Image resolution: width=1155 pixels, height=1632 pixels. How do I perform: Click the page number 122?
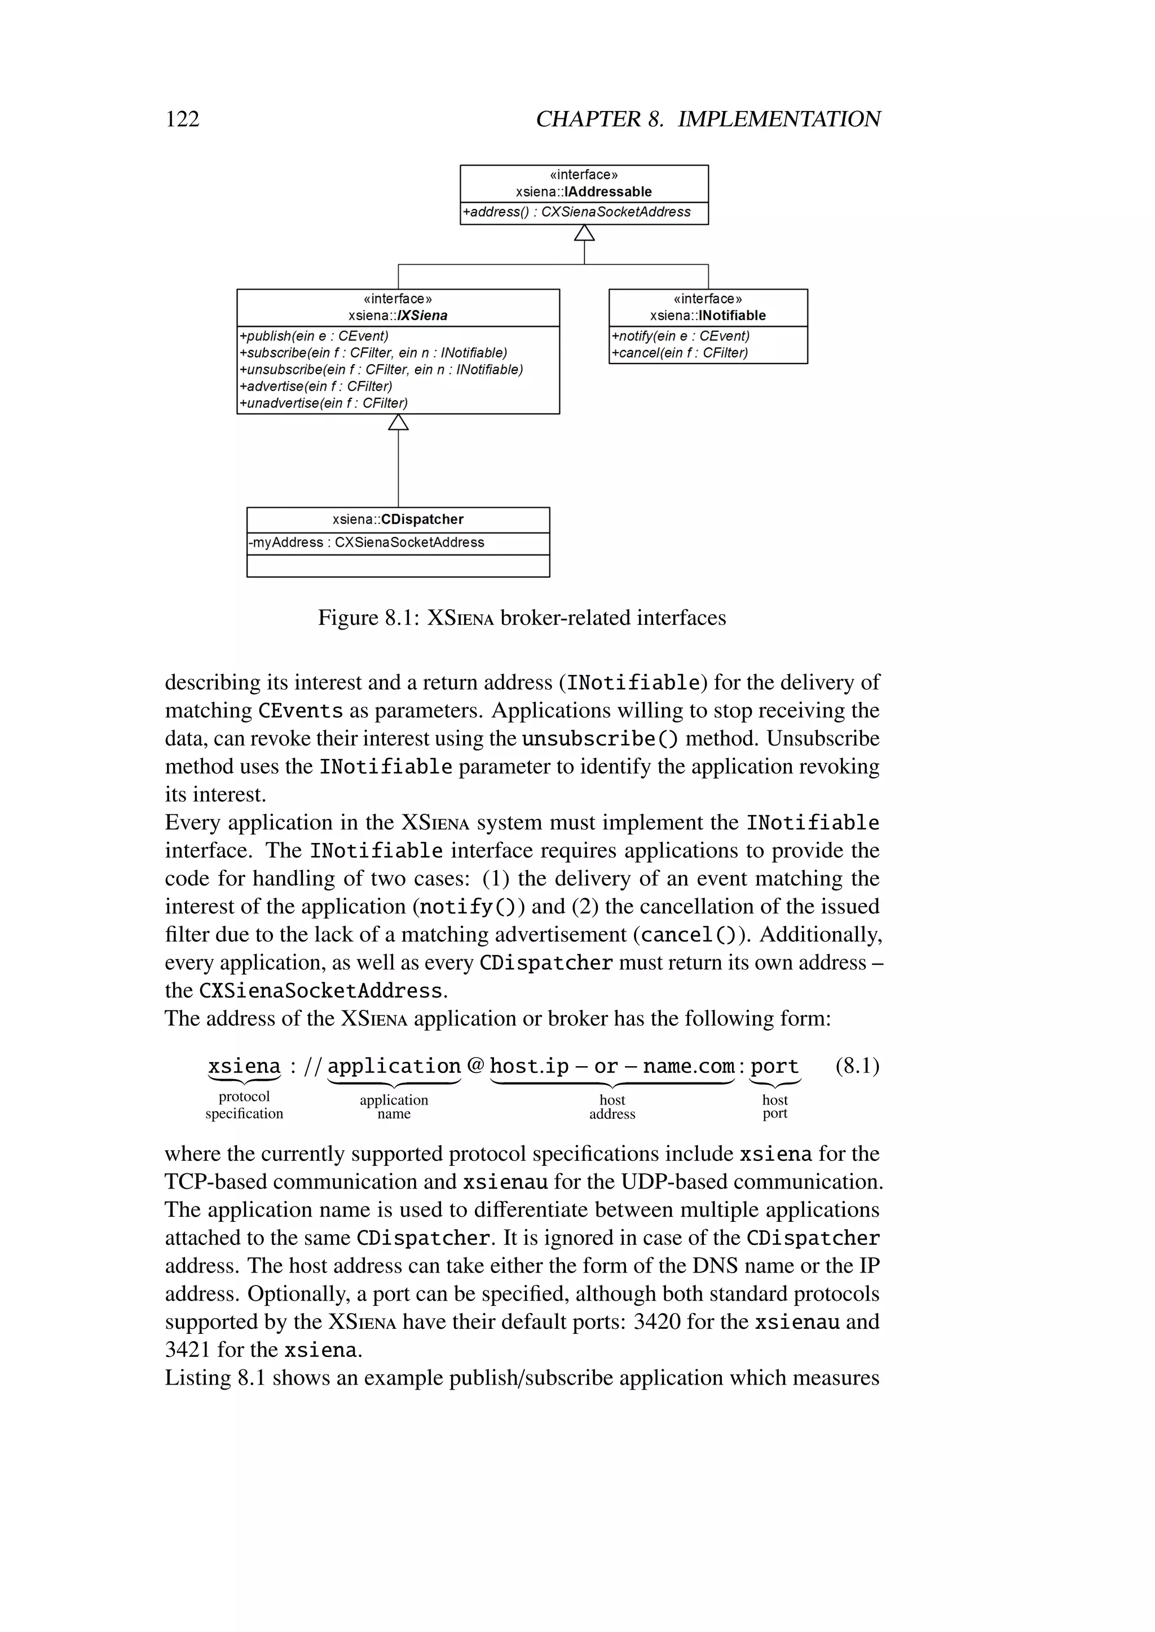[x=182, y=119]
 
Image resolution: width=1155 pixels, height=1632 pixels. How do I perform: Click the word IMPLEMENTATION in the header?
[x=779, y=119]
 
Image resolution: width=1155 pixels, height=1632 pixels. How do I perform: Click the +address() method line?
[x=576, y=212]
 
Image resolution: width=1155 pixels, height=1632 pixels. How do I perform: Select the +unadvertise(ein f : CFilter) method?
[x=323, y=403]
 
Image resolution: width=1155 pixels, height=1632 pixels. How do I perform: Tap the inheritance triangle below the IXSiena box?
[x=398, y=422]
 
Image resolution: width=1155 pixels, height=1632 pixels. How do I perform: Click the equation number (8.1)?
[x=857, y=1066]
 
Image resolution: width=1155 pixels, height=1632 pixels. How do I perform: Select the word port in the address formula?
[x=774, y=1067]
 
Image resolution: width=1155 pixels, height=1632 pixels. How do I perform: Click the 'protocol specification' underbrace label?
[x=244, y=1105]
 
